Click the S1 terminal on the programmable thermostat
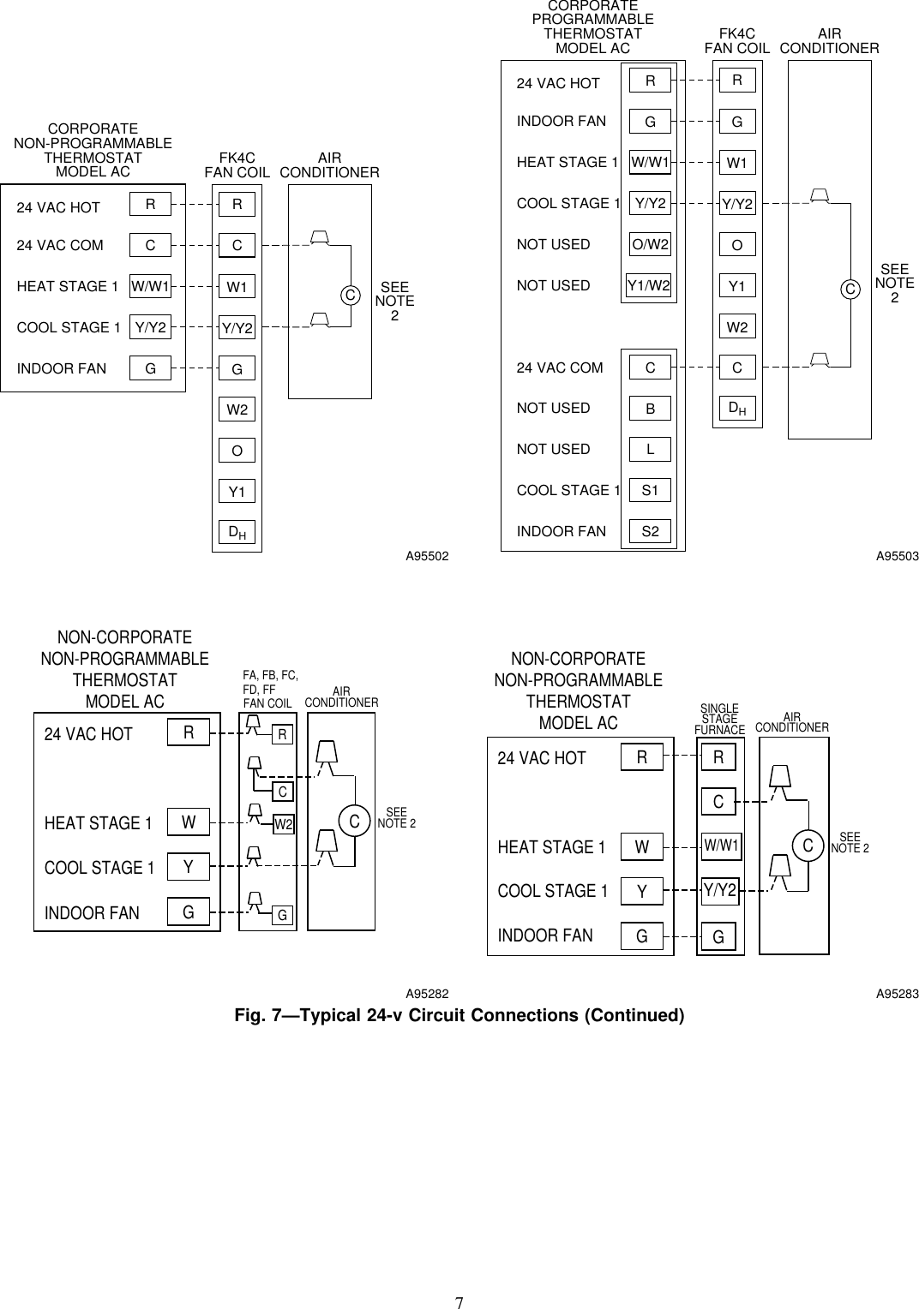click(651, 491)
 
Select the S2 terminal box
click(651, 532)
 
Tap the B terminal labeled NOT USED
click(651, 409)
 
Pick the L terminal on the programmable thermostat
click(651, 450)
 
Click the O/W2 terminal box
click(650, 244)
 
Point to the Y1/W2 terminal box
click(649, 285)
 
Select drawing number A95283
click(897, 994)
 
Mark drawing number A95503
click(897, 557)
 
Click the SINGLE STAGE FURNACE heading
click(719, 720)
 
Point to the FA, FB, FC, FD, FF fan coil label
click(270, 689)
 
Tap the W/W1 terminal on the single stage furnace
click(720, 846)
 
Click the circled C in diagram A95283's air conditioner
click(808, 846)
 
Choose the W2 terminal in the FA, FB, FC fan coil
click(283, 825)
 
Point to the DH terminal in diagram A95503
click(736, 409)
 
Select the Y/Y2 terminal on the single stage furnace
click(720, 892)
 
